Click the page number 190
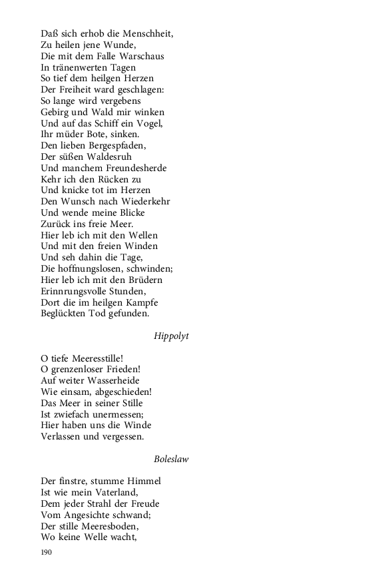pyautogui.click(x=46, y=552)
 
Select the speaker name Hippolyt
pyautogui.click(x=171, y=336)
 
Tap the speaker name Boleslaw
pyautogui.click(x=171, y=459)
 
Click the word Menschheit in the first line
pyautogui.click(x=153, y=33)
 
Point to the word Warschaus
pyautogui.click(x=140, y=56)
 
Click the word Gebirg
pyautogui.click(x=57, y=112)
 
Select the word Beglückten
pyautogui.click(x=64, y=313)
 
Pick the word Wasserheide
pyautogui.click(x=121, y=381)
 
